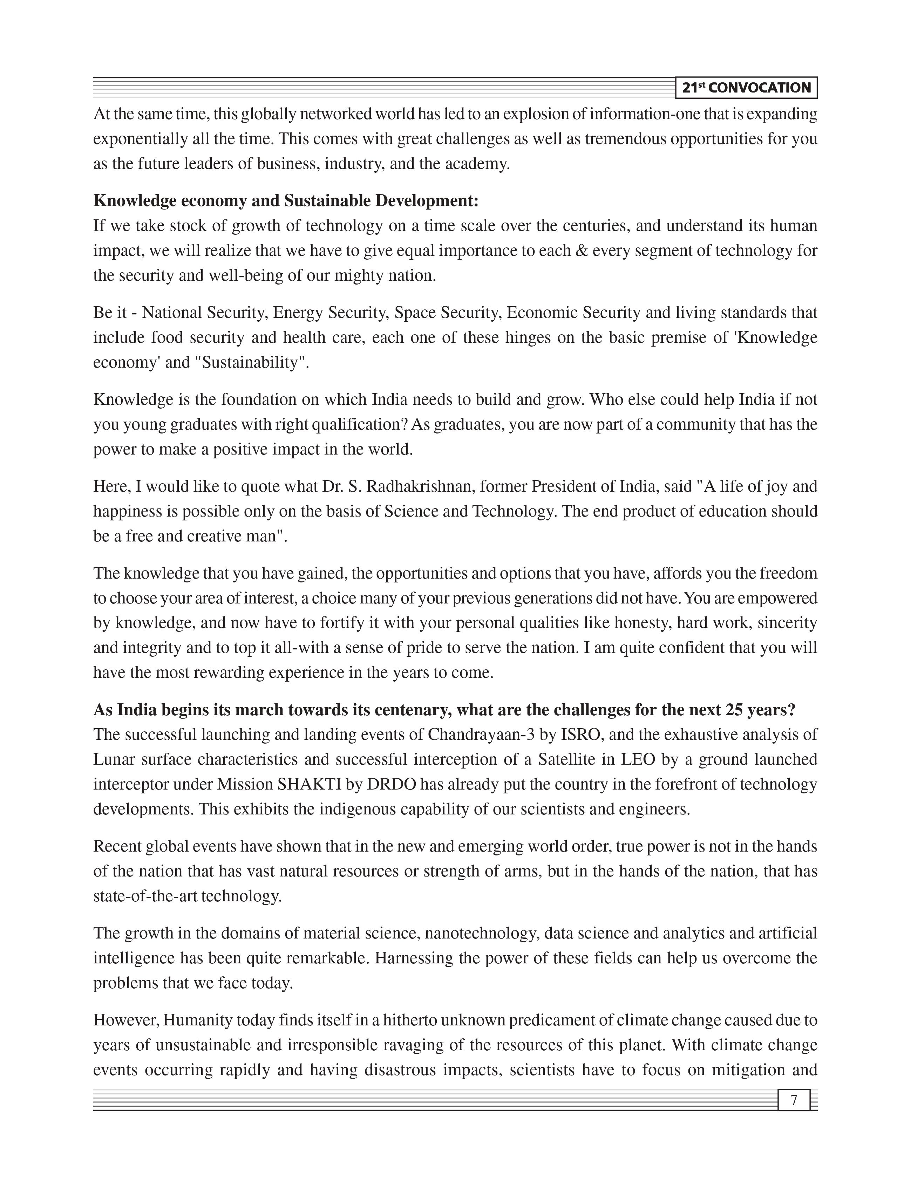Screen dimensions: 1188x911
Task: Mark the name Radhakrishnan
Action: point(418,486)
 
